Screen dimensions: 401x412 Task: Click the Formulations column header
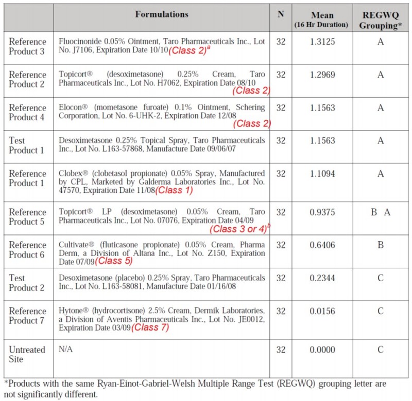[x=162, y=14]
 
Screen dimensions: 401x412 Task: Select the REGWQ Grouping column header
[x=381, y=20]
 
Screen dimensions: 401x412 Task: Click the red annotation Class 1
[x=176, y=190]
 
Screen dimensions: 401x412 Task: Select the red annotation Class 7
[x=150, y=327]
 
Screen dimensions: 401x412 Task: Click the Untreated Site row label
[x=27, y=354]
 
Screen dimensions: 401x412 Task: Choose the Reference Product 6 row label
[x=27, y=249]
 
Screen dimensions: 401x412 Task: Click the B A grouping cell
[x=381, y=212]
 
